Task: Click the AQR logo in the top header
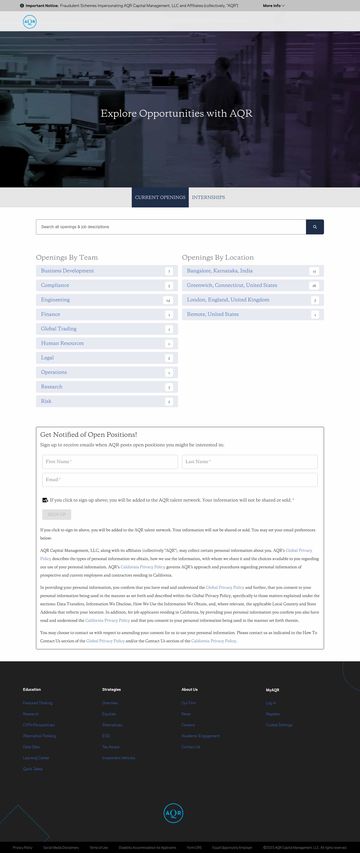coord(29,22)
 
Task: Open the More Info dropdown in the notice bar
coord(273,6)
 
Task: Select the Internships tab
coord(208,197)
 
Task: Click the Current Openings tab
coord(160,197)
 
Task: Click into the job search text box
coord(170,227)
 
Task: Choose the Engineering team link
coord(55,300)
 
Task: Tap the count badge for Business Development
coord(169,271)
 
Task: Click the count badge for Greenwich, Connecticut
coord(314,285)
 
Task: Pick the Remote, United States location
coord(212,314)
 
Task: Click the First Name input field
coord(110,462)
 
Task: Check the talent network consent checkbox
coord(45,500)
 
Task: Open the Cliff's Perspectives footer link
coord(39,725)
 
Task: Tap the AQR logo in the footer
coord(173,813)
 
